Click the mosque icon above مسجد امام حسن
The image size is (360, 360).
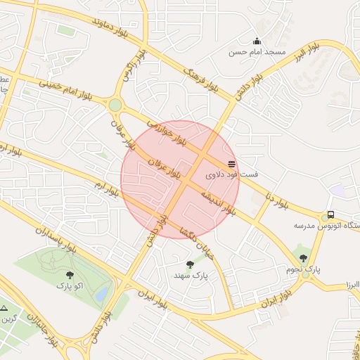click(257, 41)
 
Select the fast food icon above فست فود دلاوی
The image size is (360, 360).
click(232, 164)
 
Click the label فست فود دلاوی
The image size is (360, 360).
click(231, 174)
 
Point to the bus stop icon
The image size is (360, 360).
click(330, 215)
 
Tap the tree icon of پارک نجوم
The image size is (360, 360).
click(303, 257)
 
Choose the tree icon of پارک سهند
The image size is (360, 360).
click(190, 264)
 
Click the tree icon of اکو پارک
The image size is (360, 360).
click(69, 275)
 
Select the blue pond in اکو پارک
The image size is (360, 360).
click(103, 292)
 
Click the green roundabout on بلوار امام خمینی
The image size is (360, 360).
click(115, 105)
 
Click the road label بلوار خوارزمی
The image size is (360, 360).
click(169, 133)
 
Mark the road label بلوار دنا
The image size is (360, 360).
click(277, 201)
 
